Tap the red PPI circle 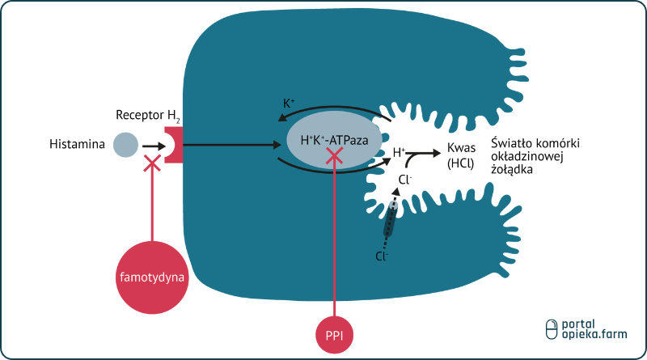click(x=335, y=333)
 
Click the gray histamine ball click(x=125, y=145)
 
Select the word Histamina click(x=77, y=145)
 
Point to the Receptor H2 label click(x=148, y=114)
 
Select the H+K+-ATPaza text click(x=334, y=140)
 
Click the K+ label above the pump click(x=289, y=104)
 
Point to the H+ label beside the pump click(x=399, y=151)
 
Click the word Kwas click(x=460, y=149)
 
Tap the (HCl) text click(x=461, y=163)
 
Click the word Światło click(x=512, y=142)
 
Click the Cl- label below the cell click(x=382, y=256)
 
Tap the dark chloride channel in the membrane click(x=391, y=219)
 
